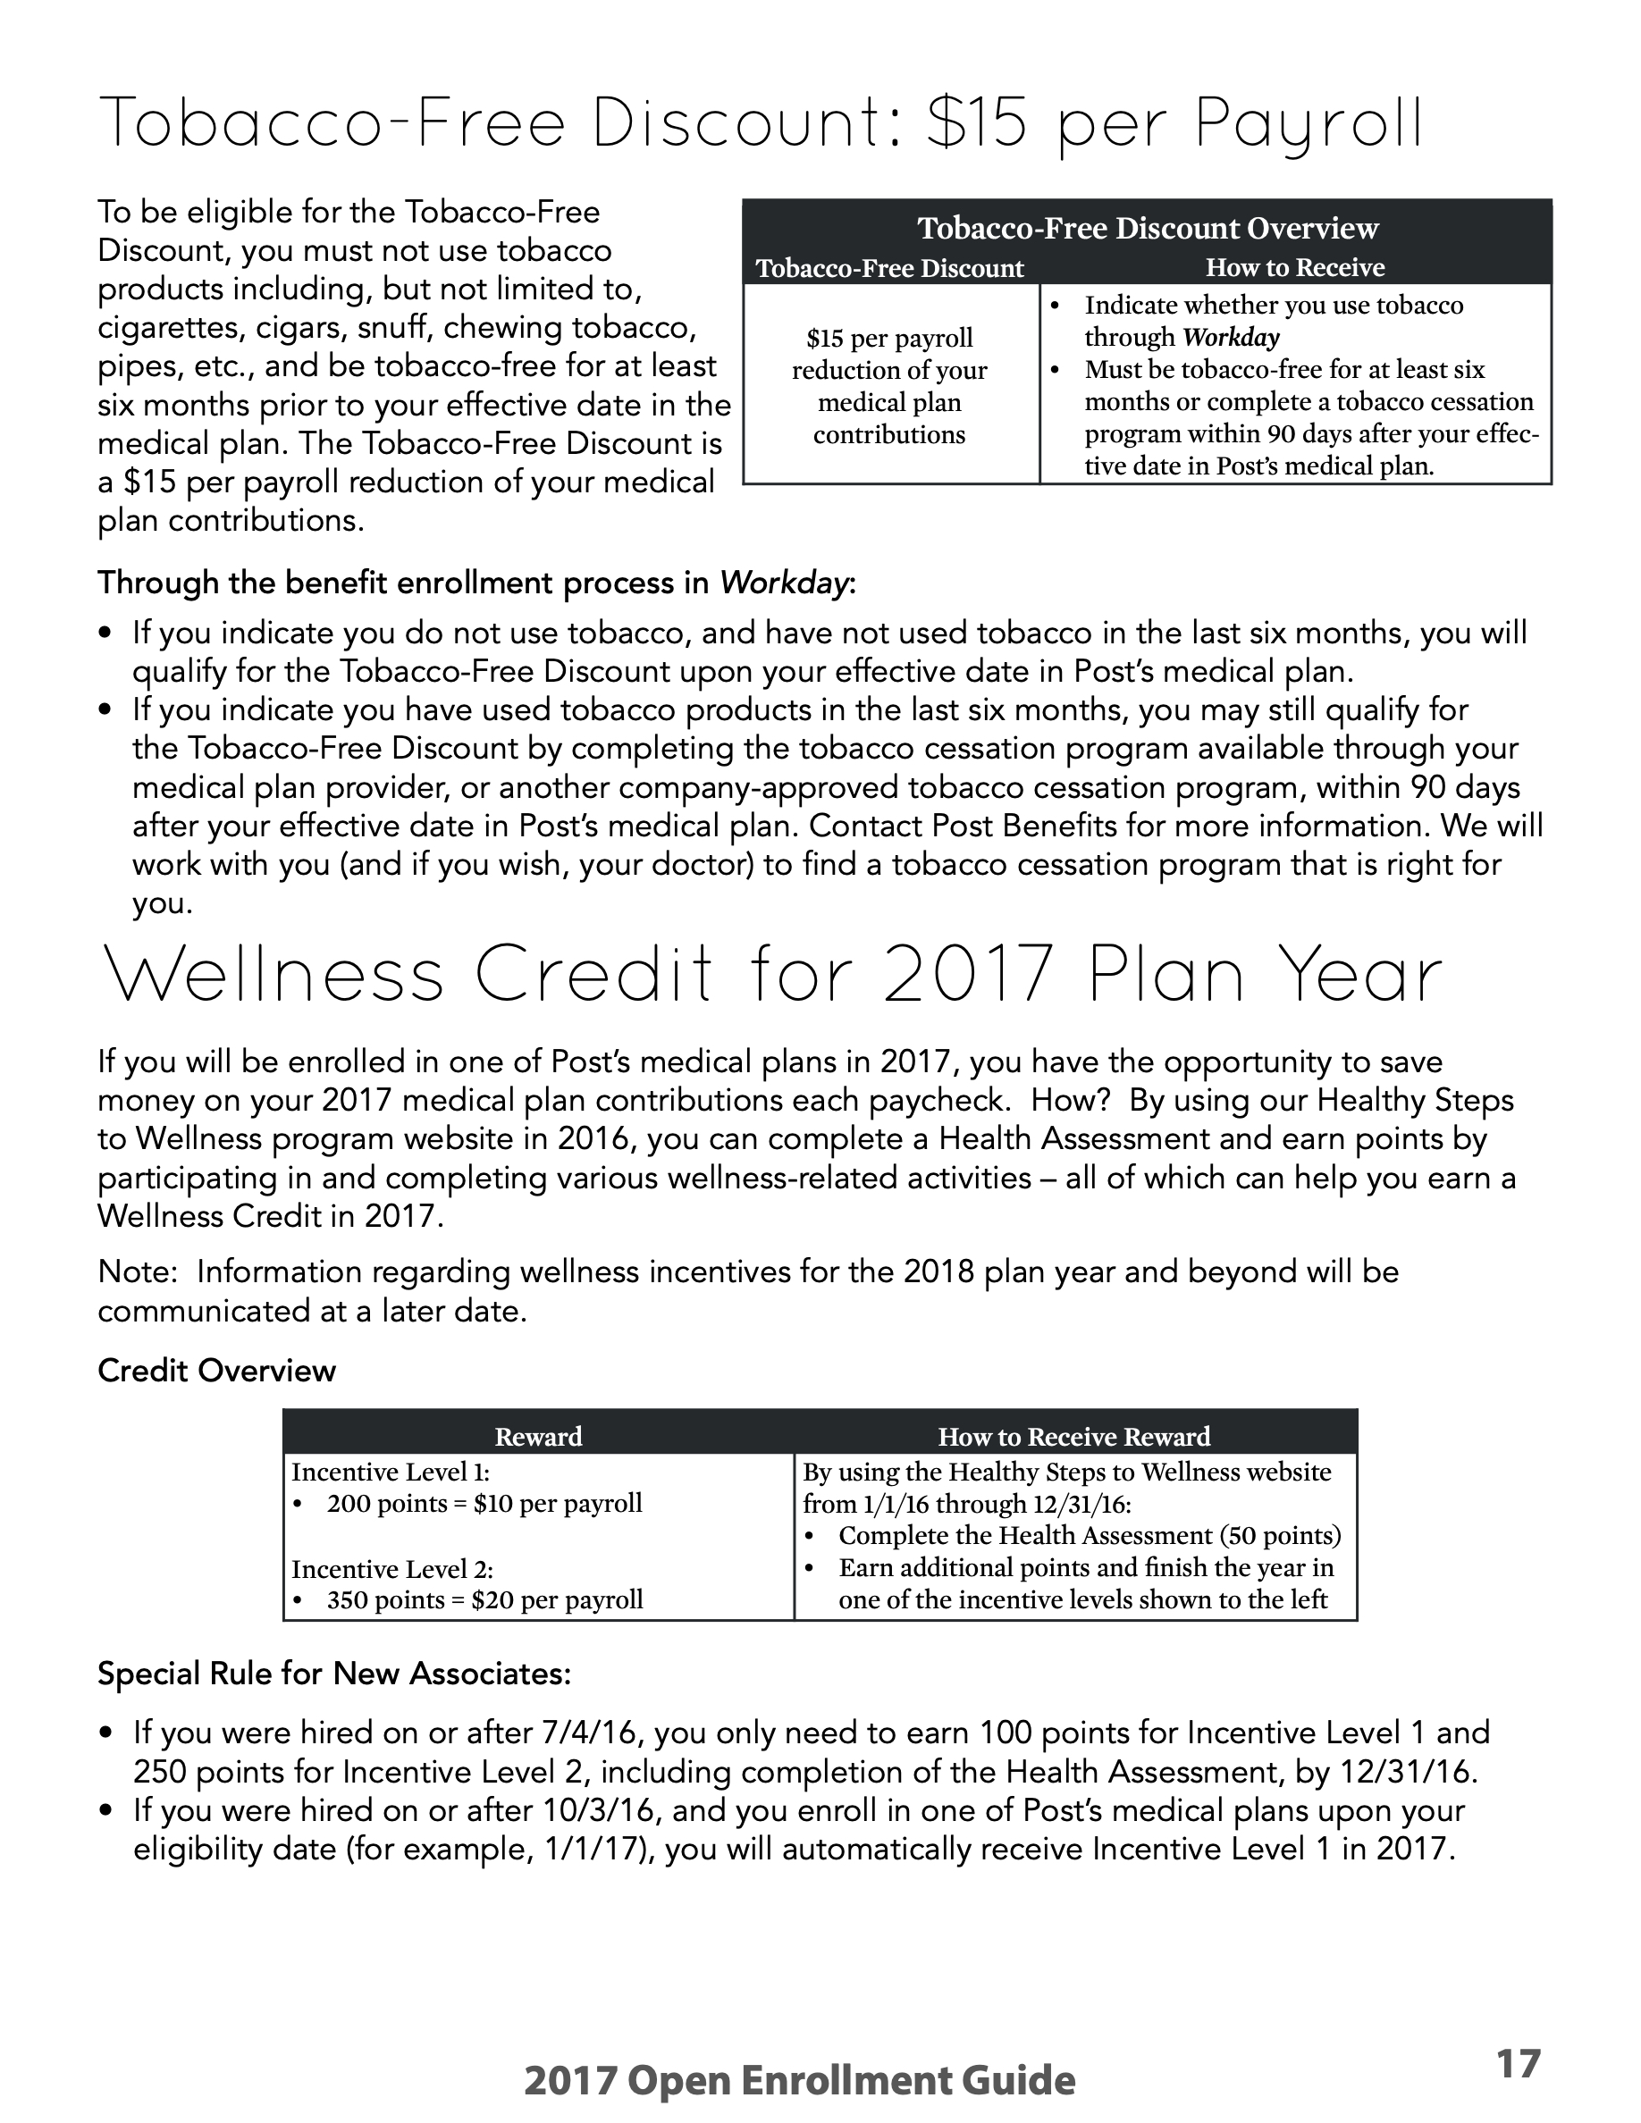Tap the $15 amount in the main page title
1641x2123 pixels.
pos(975,125)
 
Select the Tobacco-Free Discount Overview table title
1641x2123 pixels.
pos(1147,229)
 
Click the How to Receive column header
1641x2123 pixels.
pos(1295,267)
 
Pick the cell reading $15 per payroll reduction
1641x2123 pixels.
pos(888,386)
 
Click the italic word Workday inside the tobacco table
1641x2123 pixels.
pos(1231,338)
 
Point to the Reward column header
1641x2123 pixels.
pos(539,1436)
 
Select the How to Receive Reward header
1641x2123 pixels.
pos(1074,1436)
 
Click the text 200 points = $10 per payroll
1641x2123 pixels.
pos(484,1504)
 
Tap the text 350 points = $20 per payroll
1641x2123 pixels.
pos(484,1600)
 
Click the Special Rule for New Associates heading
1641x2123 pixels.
pos(334,1673)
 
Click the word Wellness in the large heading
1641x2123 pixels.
pos(273,977)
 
